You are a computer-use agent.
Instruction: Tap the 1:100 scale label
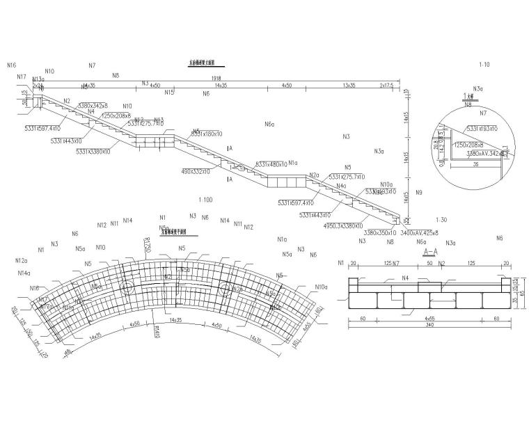tap(205, 200)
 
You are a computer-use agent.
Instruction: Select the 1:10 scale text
tap(484, 65)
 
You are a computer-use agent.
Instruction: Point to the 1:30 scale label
tap(441, 219)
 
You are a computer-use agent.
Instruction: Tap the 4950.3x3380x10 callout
tap(343, 225)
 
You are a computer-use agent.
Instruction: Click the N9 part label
tap(418, 192)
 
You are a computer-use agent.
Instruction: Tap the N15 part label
tap(169, 92)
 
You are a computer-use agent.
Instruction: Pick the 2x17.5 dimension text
tap(386, 85)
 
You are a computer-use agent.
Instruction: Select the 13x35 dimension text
tap(349, 85)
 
